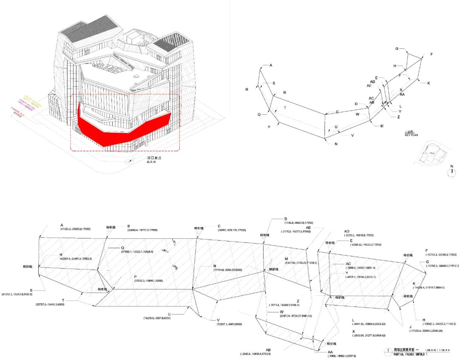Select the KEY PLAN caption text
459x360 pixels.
tap(413, 134)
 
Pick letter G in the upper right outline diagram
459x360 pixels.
tap(397, 49)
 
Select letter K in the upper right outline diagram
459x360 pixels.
tap(428, 83)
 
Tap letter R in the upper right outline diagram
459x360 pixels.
tap(246, 90)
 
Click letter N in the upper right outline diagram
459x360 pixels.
tap(336, 144)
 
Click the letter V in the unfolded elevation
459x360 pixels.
tap(218, 320)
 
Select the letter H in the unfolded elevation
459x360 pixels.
tap(424, 320)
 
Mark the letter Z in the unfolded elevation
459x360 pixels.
tap(286, 301)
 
